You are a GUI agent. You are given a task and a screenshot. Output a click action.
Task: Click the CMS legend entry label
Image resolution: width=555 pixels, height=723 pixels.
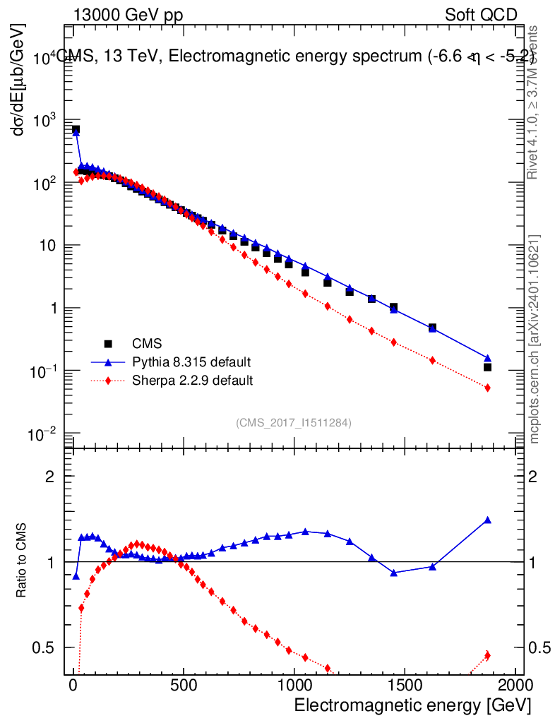(147, 344)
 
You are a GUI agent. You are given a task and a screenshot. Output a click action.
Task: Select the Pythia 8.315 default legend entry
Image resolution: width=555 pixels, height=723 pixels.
(191, 362)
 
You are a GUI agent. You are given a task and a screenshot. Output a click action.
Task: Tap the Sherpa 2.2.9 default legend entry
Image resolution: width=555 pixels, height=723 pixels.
(193, 381)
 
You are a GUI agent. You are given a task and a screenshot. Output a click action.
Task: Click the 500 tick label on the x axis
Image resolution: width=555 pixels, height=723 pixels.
(184, 686)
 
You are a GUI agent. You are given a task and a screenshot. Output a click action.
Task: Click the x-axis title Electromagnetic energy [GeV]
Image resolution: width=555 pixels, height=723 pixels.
(411, 705)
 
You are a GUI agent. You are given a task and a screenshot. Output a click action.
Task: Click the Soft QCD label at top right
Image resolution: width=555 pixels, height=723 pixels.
(481, 15)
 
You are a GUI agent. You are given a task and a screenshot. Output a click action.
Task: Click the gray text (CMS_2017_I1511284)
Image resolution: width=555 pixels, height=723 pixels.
(294, 423)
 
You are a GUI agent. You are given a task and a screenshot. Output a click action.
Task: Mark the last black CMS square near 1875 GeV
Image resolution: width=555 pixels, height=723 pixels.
(487, 367)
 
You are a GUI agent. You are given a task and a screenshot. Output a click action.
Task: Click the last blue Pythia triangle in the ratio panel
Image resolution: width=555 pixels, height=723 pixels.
(487, 520)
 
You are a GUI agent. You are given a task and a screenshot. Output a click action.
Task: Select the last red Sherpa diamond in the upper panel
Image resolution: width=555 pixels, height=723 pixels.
(487, 388)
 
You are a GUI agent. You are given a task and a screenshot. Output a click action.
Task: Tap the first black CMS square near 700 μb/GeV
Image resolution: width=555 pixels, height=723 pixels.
(76, 130)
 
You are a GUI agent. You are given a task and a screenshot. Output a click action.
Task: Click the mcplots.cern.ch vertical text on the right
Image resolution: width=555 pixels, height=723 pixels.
(535, 339)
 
